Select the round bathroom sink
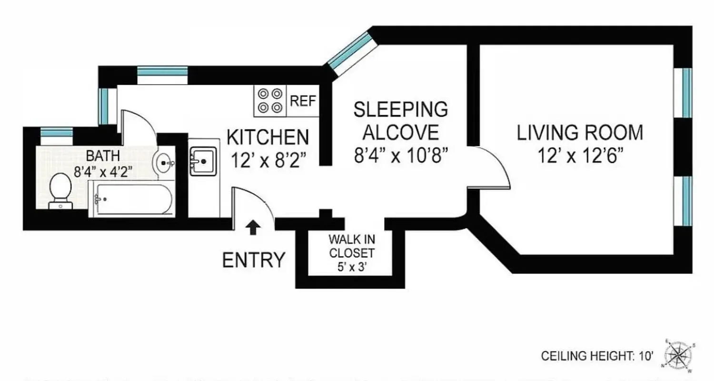pos(165,163)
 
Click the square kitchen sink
pos(203,161)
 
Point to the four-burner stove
pos(269,100)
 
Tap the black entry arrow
pos(253,227)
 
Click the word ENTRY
pos(254,260)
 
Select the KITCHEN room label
pos(268,137)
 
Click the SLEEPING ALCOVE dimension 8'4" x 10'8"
pos(400,156)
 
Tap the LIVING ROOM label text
pos(580,132)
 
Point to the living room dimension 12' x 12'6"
pos(580,156)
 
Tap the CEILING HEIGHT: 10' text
pos(599,356)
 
